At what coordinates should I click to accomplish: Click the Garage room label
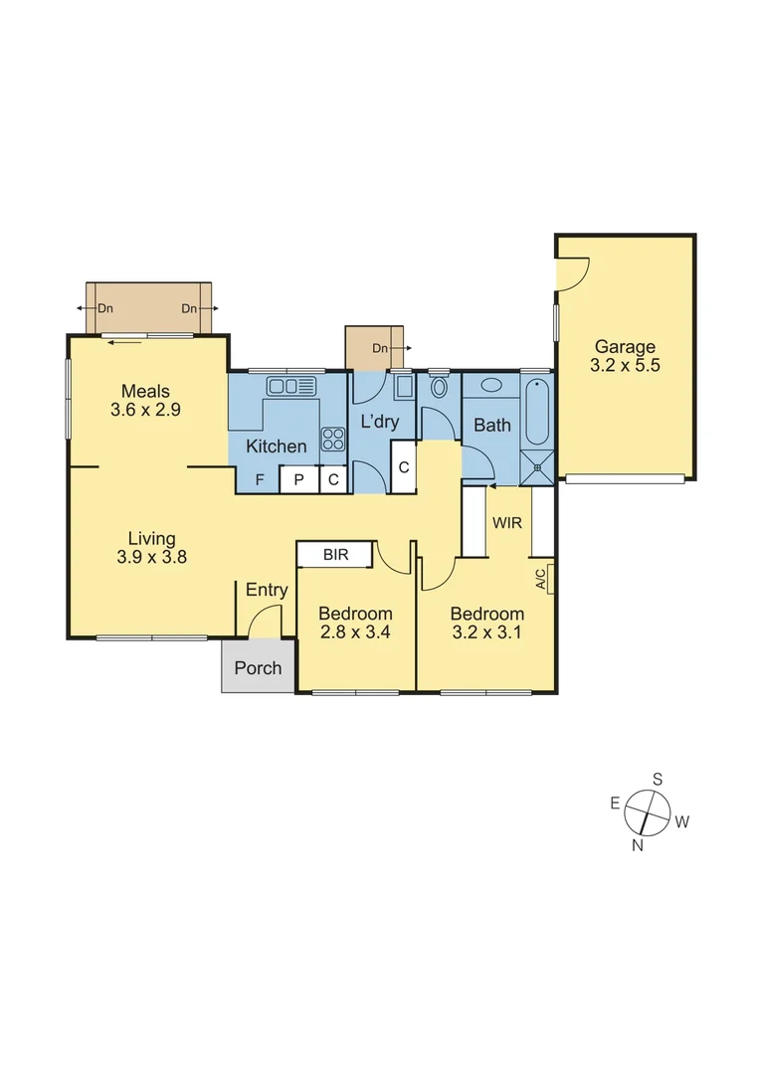[625, 347]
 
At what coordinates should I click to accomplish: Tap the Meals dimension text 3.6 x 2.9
[146, 409]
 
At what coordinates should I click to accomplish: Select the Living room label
[151, 539]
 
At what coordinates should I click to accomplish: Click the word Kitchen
[276, 447]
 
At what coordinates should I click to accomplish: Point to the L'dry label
[379, 422]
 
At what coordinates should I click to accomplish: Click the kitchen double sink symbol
[289, 386]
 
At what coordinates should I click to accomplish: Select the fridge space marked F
[261, 480]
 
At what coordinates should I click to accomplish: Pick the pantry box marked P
[297, 480]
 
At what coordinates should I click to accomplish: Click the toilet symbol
[439, 387]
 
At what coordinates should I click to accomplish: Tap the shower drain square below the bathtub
[537, 462]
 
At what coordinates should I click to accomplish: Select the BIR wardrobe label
[335, 555]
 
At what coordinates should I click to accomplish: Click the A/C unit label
[540, 579]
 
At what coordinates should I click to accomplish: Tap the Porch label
[258, 668]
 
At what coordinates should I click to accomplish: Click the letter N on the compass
[638, 845]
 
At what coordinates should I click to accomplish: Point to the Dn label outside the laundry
[380, 348]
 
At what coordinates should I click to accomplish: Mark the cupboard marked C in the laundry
[404, 467]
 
